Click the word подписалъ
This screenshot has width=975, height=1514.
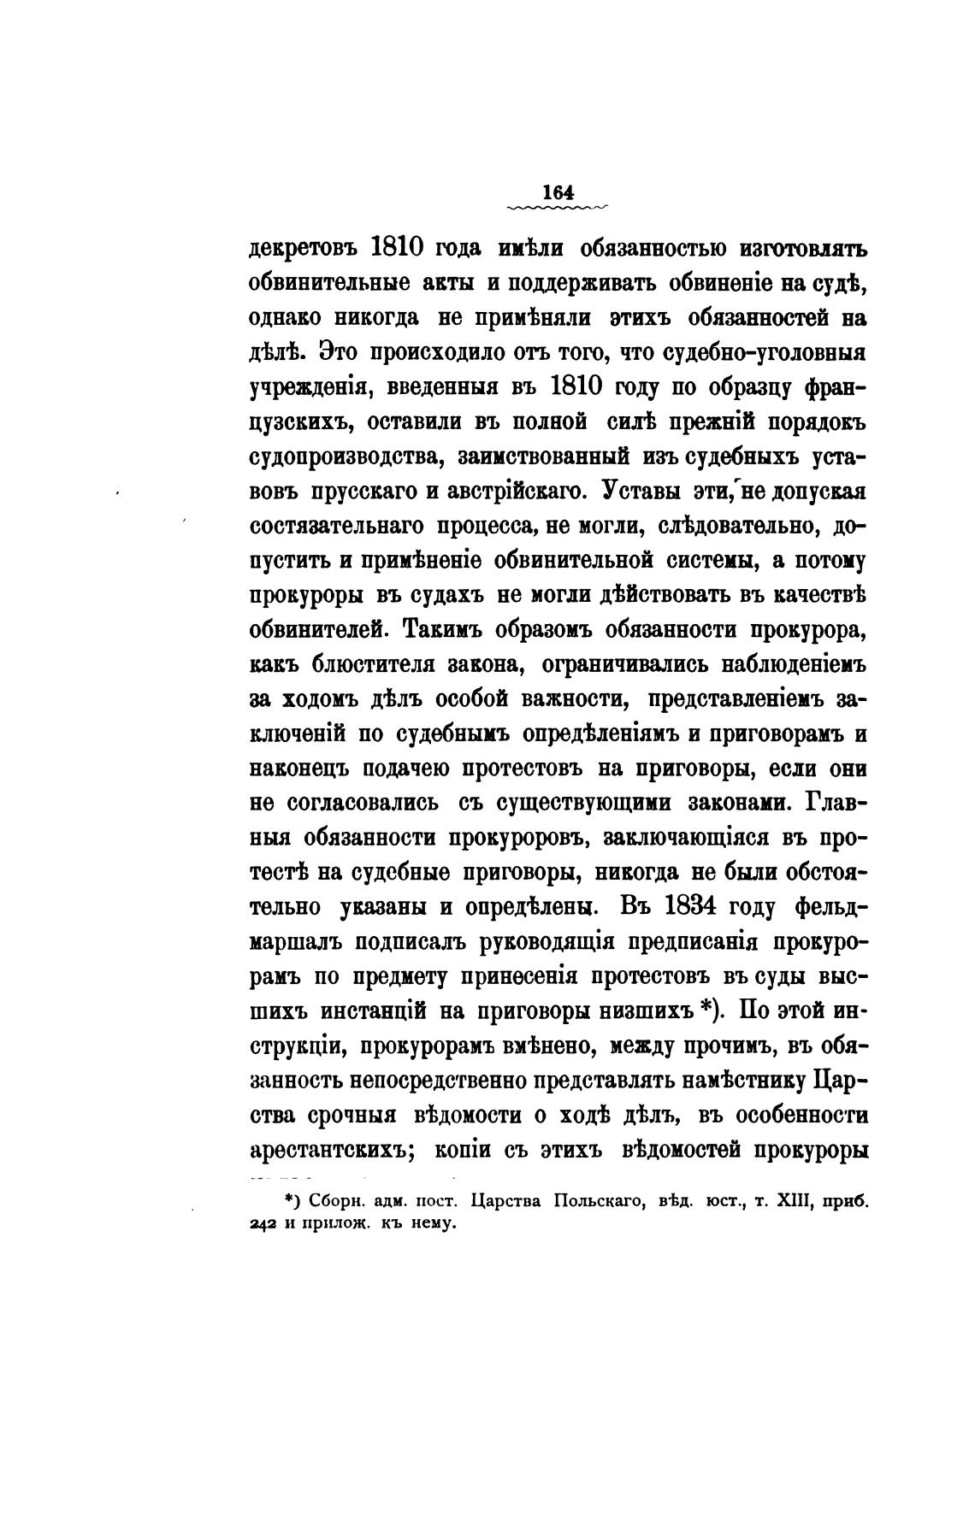click(x=400, y=941)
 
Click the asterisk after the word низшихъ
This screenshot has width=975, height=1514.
click(x=706, y=1009)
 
